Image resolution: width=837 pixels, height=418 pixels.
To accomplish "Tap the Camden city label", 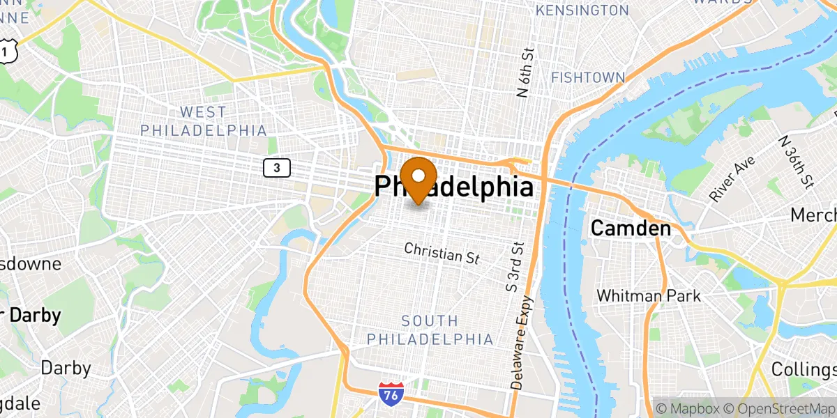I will [x=631, y=228].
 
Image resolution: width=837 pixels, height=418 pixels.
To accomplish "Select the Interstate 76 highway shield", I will [x=391, y=394].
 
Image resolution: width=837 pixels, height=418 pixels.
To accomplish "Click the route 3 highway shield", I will [x=277, y=167].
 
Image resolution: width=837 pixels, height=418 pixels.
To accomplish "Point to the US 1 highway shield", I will [x=6, y=51].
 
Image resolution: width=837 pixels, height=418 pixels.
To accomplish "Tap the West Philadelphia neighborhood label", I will [x=203, y=121].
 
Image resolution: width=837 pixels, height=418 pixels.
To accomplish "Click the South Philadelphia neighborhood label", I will [x=430, y=330].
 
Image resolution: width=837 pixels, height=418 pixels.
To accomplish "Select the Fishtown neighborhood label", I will [x=587, y=77].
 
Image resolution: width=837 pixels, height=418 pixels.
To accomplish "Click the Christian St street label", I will [x=442, y=253].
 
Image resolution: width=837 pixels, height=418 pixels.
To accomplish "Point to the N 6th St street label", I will [x=529, y=71].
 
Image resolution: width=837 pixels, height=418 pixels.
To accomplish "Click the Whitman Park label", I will [x=648, y=295].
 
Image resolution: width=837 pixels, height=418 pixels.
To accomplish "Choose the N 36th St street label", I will [x=797, y=162].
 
